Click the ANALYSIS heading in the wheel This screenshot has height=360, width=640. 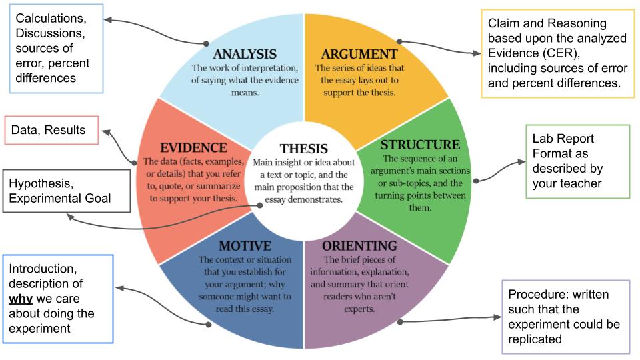click(x=244, y=54)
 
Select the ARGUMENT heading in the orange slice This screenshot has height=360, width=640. click(x=359, y=54)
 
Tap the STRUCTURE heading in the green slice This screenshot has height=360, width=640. click(x=420, y=145)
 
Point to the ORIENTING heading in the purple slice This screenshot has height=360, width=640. click(x=359, y=246)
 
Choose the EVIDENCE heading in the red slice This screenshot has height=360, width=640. click(x=193, y=147)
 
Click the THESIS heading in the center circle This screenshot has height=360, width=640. click(x=304, y=149)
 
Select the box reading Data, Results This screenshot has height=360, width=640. click(x=52, y=130)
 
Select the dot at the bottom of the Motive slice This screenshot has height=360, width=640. click(x=209, y=325)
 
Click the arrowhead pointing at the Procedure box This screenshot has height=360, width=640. click(x=500, y=319)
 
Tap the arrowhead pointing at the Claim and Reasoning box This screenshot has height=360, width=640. click(x=478, y=53)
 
